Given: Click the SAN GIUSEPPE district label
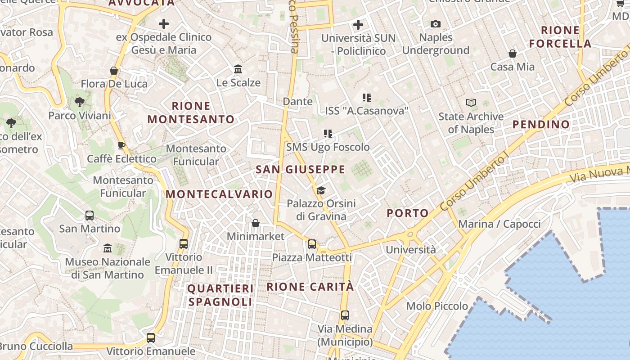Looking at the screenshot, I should click(300, 170).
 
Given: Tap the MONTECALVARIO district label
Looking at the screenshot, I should click(219, 194).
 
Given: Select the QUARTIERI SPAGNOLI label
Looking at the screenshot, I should click(220, 295).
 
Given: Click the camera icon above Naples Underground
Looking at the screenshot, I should click(436, 24).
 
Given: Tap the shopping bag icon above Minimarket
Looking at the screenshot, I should click(256, 223).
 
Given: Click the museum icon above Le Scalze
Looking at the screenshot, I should click(238, 69).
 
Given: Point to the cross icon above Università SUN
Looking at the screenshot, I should click(358, 24).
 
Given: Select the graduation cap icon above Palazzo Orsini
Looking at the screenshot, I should click(321, 191).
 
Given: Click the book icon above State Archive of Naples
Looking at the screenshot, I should click(471, 103).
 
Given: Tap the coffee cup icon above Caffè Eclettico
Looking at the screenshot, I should click(121, 145).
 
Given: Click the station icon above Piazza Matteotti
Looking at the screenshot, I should click(311, 244).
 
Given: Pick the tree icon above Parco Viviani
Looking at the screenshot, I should click(80, 102).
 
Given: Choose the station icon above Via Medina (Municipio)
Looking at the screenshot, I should click(345, 315).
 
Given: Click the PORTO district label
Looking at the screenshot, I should click(408, 213).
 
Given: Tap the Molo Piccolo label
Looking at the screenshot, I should click(437, 306).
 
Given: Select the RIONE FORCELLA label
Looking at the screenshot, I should click(560, 37).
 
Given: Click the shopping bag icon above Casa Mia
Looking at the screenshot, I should click(512, 54).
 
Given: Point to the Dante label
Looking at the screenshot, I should click(297, 102).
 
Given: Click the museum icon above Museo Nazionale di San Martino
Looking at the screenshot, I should click(108, 248).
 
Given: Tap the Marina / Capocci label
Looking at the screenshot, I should click(499, 224).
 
